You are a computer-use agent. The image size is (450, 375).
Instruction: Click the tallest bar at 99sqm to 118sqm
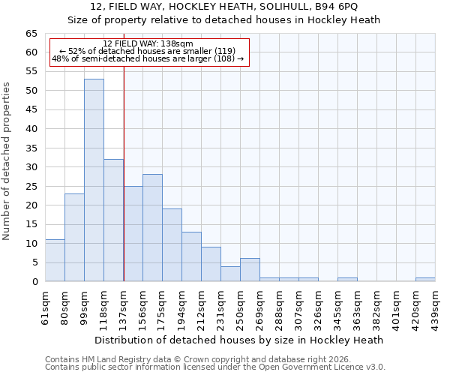point(94,180)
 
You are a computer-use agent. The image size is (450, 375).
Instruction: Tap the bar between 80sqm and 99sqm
point(74,237)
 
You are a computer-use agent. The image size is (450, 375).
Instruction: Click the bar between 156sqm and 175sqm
point(152,227)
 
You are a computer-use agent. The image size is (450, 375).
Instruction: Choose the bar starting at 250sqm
point(250,270)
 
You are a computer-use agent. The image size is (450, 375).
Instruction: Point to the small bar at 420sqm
point(425,280)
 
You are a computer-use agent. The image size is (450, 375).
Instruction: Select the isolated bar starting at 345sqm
point(347,280)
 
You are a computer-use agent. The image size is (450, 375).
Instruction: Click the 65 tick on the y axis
point(31,34)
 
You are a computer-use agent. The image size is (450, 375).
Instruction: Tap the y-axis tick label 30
point(31,167)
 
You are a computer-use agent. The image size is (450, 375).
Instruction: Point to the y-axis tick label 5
point(34,262)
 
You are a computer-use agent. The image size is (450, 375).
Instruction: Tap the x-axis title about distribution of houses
point(239,340)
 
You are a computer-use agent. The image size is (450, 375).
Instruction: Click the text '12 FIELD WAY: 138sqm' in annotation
point(148,43)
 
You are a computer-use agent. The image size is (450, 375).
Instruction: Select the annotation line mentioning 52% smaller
point(148,51)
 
